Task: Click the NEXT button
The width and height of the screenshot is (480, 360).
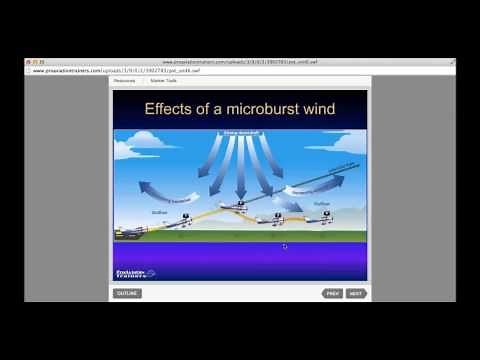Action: pyautogui.click(x=356, y=293)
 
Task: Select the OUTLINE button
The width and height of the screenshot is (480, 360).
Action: pyautogui.click(x=127, y=293)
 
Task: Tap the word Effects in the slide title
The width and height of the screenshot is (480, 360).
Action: pyautogui.click(x=173, y=109)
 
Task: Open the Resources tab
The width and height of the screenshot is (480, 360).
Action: pyautogui.click(x=124, y=81)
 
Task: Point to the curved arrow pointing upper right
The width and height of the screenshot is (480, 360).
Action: pyautogui.click(x=310, y=186)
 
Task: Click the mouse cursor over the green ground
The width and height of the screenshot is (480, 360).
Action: pyautogui.click(x=284, y=246)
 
